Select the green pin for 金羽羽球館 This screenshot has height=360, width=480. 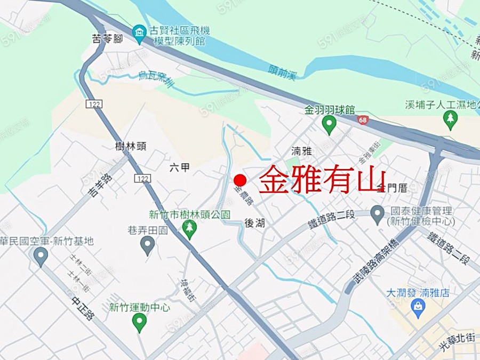[329, 125]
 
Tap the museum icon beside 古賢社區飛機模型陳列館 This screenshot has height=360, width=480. [140, 34]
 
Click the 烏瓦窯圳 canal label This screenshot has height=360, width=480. [156, 79]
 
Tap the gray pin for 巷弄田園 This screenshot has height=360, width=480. [147, 245]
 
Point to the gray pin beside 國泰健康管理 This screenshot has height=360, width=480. [378, 214]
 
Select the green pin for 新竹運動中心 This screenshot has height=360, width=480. [139, 322]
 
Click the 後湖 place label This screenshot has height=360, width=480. [254, 223]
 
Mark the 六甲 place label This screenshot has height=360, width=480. [179, 167]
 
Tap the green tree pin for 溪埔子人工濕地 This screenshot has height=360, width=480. [451, 120]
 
